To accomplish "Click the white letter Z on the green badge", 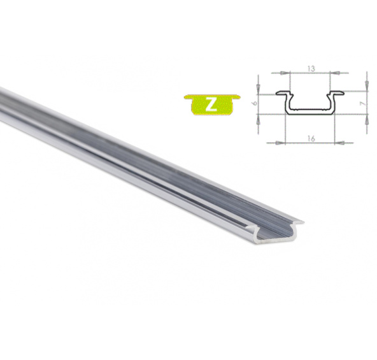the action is click(x=211, y=104).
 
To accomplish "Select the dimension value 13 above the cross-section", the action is click(x=311, y=69).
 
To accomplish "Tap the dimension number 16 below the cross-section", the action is click(x=311, y=139).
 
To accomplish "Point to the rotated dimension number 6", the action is click(x=255, y=103).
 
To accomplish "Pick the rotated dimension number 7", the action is click(x=364, y=103).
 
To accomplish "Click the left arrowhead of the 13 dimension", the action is click(x=285, y=73).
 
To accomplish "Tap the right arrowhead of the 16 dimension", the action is click(x=339, y=143).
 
